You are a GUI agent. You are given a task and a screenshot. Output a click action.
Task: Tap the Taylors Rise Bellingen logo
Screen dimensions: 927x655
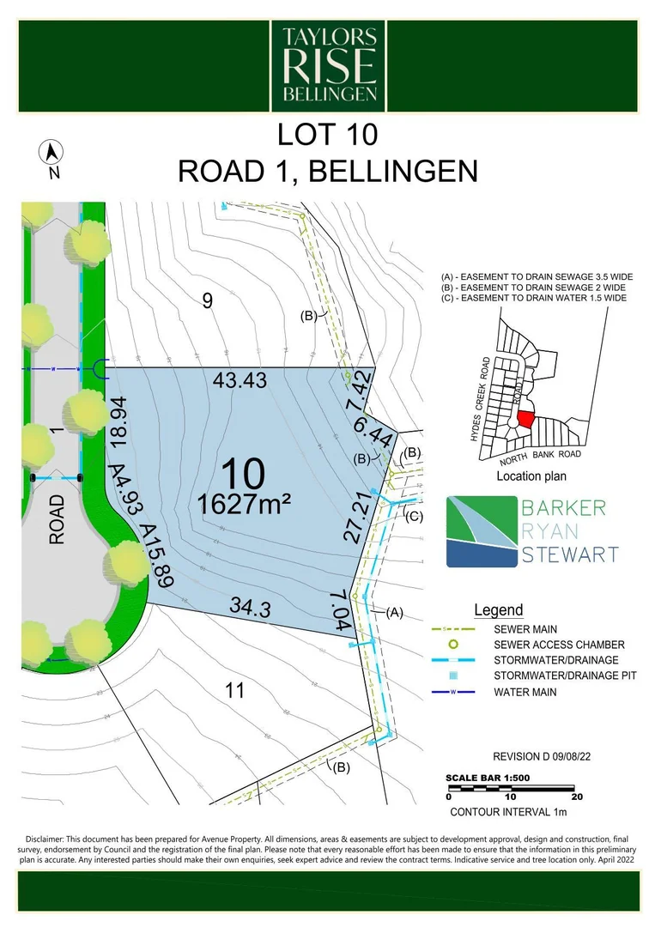(x=329, y=64)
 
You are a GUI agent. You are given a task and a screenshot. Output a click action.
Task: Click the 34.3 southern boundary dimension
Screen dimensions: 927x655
(x=250, y=609)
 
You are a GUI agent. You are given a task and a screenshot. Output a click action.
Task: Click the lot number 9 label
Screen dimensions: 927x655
(x=206, y=300)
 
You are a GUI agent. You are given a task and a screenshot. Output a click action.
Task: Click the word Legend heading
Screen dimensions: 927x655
(x=498, y=610)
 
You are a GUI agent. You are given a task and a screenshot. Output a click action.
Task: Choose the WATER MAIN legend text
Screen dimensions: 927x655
(x=525, y=692)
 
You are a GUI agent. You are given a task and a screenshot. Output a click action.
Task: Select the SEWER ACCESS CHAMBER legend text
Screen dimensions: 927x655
(x=559, y=645)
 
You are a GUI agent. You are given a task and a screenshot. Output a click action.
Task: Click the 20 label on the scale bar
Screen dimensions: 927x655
(x=576, y=797)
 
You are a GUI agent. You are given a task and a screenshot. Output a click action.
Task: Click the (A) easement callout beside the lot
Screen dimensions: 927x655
(x=393, y=612)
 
